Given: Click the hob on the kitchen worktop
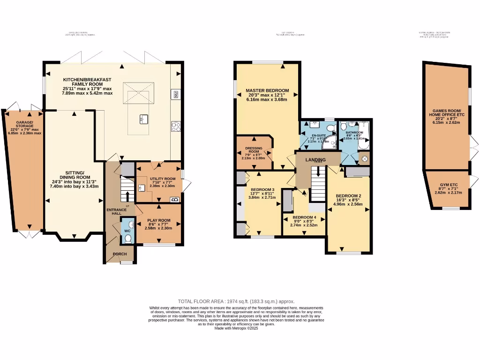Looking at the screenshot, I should click(176, 127).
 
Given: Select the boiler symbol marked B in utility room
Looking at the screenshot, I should click(175, 200).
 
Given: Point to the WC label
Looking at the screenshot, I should click(127, 231).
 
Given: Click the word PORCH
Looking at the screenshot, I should click(120, 254).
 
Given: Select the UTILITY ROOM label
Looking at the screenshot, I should click(162, 179).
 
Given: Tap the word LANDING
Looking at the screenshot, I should click(315, 160).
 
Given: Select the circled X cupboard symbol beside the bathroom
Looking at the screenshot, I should click(365, 158).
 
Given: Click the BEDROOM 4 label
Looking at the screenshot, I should click(305, 217).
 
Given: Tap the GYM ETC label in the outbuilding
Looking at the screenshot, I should click(448, 185).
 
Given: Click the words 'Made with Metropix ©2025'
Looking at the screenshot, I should click(236, 328).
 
